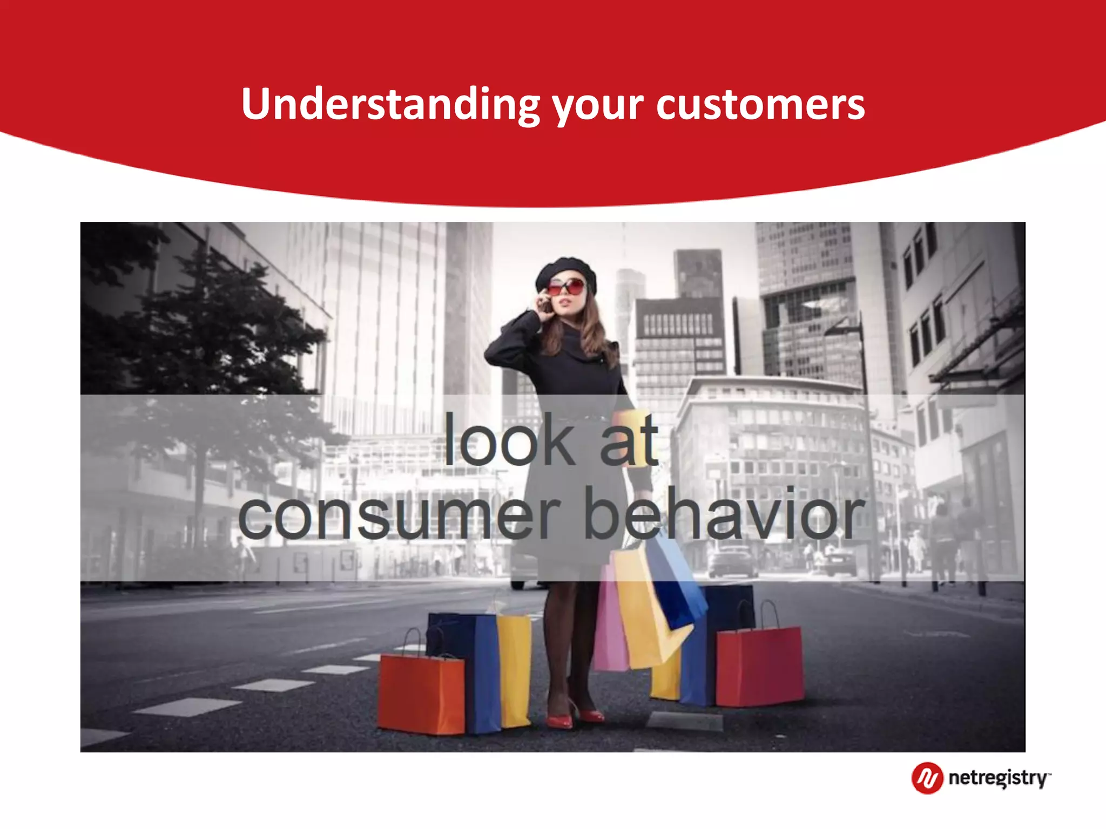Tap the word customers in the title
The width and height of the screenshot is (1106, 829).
tap(760, 104)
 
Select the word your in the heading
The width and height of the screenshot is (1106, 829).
tap(598, 106)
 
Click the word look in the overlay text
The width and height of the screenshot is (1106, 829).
tap(509, 440)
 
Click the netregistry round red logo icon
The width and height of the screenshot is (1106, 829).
tap(927, 778)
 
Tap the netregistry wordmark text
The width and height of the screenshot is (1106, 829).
tap(998, 778)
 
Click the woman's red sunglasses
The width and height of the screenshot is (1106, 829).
tap(567, 287)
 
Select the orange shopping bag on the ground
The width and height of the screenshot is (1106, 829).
tap(421, 694)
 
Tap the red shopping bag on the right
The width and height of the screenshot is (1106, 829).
tap(759, 667)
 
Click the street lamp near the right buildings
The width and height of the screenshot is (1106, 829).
tap(864, 432)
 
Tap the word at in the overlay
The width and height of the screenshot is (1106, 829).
tap(629, 440)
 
